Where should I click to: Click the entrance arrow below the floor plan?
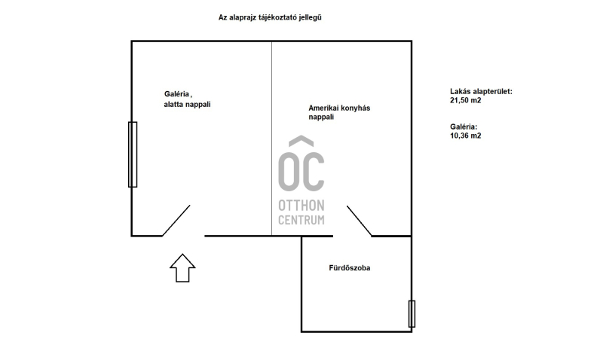point(182,268)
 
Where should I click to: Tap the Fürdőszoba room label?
point(350,268)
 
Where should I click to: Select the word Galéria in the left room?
point(177,93)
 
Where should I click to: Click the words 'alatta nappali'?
point(187,104)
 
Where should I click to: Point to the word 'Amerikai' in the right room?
point(323,108)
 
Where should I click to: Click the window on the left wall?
point(133,154)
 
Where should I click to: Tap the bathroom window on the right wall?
point(412,314)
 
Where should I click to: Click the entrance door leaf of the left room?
point(176,221)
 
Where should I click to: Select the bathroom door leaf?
point(360,221)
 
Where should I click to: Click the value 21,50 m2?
point(466,100)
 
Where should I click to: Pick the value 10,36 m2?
point(466,136)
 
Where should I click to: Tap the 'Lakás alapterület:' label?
point(481,91)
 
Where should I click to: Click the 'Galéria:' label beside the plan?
point(464,127)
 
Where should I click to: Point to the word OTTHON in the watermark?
point(301,206)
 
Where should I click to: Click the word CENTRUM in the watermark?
point(301,220)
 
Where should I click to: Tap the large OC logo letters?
point(301,172)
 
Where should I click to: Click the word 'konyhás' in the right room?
point(355,108)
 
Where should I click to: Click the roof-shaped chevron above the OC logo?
point(301,141)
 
